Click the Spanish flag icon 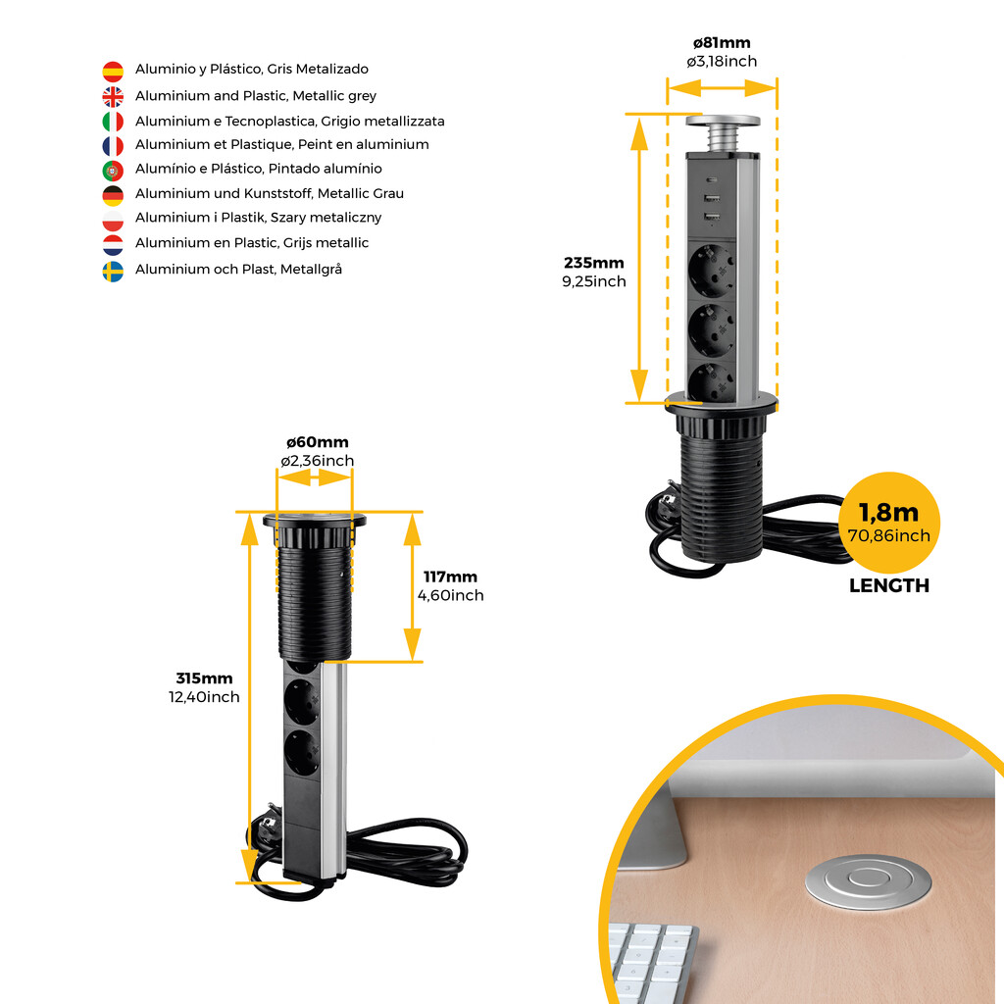pyautogui.click(x=113, y=71)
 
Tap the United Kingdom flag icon pyautogui.click(x=113, y=96)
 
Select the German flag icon pyautogui.click(x=113, y=194)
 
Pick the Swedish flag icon pyautogui.click(x=113, y=270)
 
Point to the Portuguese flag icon pyautogui.click(x=113, y=170)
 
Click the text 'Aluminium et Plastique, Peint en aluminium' pyautogui.click(x=281, y=145)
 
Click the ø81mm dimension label pyautogui.click(x=722, y=43)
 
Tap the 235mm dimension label pyautogui.click(x=593, y=263)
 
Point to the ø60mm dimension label pyautogui.click(x=317, y=442)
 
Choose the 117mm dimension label pyautogui.click(x=450, y=577)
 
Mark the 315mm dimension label pyautogui.click(x=204, y=678)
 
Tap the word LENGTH pyautogui.click(x=888, y=586)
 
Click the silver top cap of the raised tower pyautogui.click(x=723, y=122)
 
